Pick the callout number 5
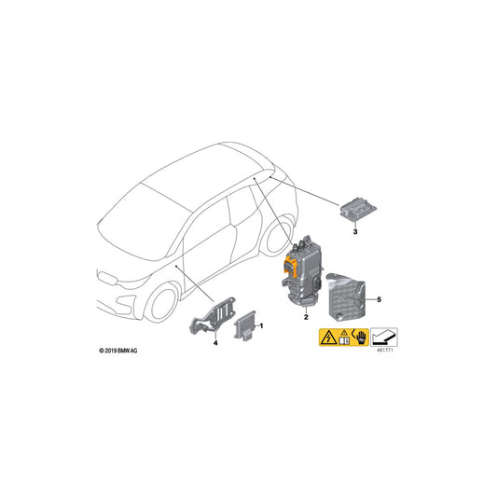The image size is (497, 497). [x=380, y=300]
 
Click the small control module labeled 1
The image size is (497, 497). [x=245, y=327]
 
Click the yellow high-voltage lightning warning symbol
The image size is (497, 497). [x=329, y=337]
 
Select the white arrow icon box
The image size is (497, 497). [x=384, y=336]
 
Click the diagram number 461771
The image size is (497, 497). [x=384, y=352]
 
